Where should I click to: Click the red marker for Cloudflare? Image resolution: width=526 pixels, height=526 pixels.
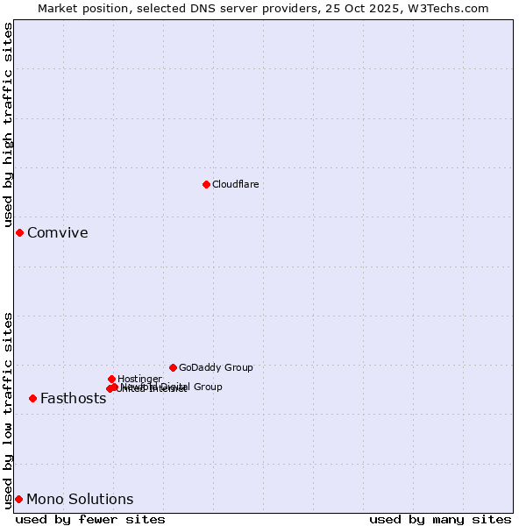[206, 184]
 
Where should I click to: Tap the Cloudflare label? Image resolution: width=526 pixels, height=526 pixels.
[235, 184]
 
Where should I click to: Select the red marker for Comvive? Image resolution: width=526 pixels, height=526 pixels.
[19, 232]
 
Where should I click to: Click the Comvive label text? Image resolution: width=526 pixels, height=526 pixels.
[57, 233]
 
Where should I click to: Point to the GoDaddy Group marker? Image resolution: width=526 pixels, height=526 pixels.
[173, 367]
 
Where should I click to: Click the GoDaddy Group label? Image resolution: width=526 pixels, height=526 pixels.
[216, 367]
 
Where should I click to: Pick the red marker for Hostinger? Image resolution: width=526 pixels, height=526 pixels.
[111, 379]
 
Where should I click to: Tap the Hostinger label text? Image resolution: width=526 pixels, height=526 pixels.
[139, 379]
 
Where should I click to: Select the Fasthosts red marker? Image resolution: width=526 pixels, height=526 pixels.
[32, 398]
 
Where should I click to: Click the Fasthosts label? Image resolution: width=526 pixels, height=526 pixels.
[73, 399]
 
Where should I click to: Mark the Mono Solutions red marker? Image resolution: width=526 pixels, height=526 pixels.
[18, 499]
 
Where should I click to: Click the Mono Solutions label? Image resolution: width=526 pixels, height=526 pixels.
[80, 500]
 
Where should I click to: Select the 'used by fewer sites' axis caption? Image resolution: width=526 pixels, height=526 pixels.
[90, 519]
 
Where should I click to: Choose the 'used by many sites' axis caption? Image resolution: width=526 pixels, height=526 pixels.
[440, 519]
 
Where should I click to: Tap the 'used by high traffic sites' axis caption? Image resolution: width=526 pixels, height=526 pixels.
[9, 124]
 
